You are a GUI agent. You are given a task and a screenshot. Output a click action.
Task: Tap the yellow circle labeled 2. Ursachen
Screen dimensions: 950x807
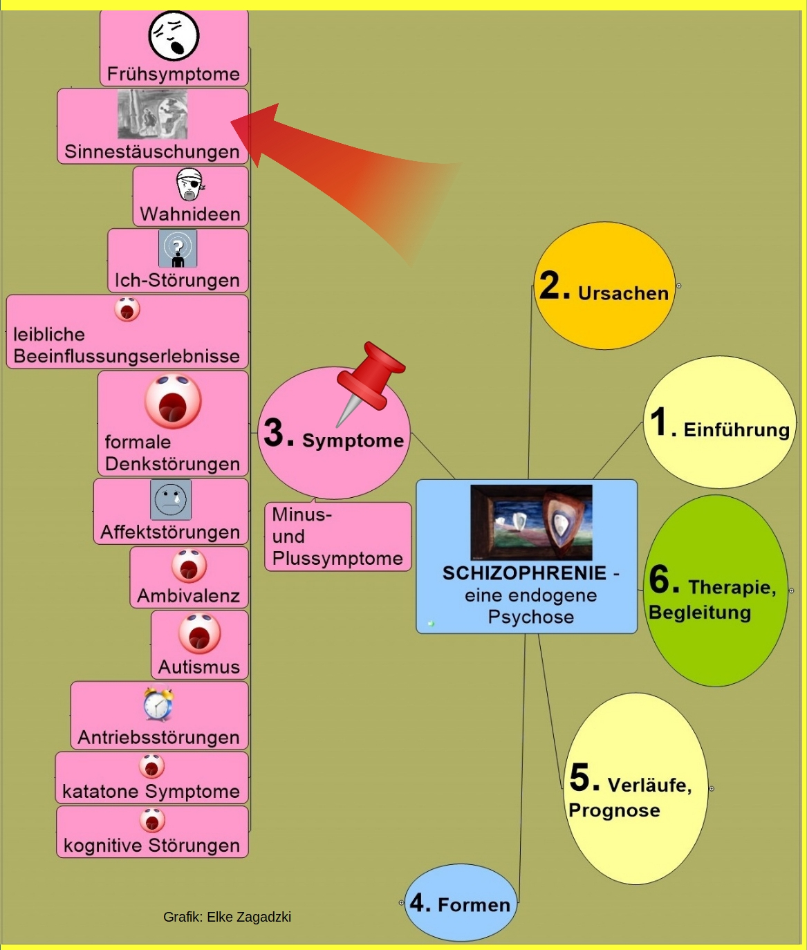(604, 286)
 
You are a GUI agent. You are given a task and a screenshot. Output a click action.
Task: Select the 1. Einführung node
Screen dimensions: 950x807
(719, 422)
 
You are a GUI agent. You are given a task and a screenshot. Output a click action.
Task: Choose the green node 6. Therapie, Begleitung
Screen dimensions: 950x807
(715, 591)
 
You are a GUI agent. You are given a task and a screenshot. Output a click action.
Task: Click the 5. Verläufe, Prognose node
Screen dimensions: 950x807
(636, 789)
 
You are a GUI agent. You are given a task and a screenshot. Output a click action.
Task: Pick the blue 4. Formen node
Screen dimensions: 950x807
(461, 902)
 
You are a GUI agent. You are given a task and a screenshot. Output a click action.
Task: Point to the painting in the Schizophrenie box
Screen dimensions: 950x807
(531, 522)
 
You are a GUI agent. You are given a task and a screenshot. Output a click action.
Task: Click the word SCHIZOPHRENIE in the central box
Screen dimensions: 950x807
(524, 573)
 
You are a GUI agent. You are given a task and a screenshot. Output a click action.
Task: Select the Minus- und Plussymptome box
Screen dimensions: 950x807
(337, 537)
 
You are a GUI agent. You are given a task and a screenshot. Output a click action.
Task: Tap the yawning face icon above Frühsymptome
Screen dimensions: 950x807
(174, 35)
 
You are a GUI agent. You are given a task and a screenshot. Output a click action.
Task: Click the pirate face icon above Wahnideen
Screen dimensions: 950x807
(189, 185)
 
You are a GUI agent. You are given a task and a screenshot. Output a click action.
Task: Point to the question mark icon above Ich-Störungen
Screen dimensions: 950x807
(178, 248)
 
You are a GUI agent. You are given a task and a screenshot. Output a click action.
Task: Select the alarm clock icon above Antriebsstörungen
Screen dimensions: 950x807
(158, 705)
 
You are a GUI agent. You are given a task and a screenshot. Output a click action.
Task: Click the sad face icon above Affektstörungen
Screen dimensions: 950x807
(170, 499)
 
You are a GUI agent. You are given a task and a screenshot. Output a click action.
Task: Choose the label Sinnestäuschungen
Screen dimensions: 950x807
(152, 151)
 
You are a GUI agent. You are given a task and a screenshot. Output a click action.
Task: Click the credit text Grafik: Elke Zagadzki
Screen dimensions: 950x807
(227, 917)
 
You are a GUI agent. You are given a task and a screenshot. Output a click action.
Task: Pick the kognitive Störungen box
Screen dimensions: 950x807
(152, 832)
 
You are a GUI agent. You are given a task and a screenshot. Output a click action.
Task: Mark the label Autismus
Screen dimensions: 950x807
(199, 667)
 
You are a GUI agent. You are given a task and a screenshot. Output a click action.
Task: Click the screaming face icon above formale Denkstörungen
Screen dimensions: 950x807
(172, 401)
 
